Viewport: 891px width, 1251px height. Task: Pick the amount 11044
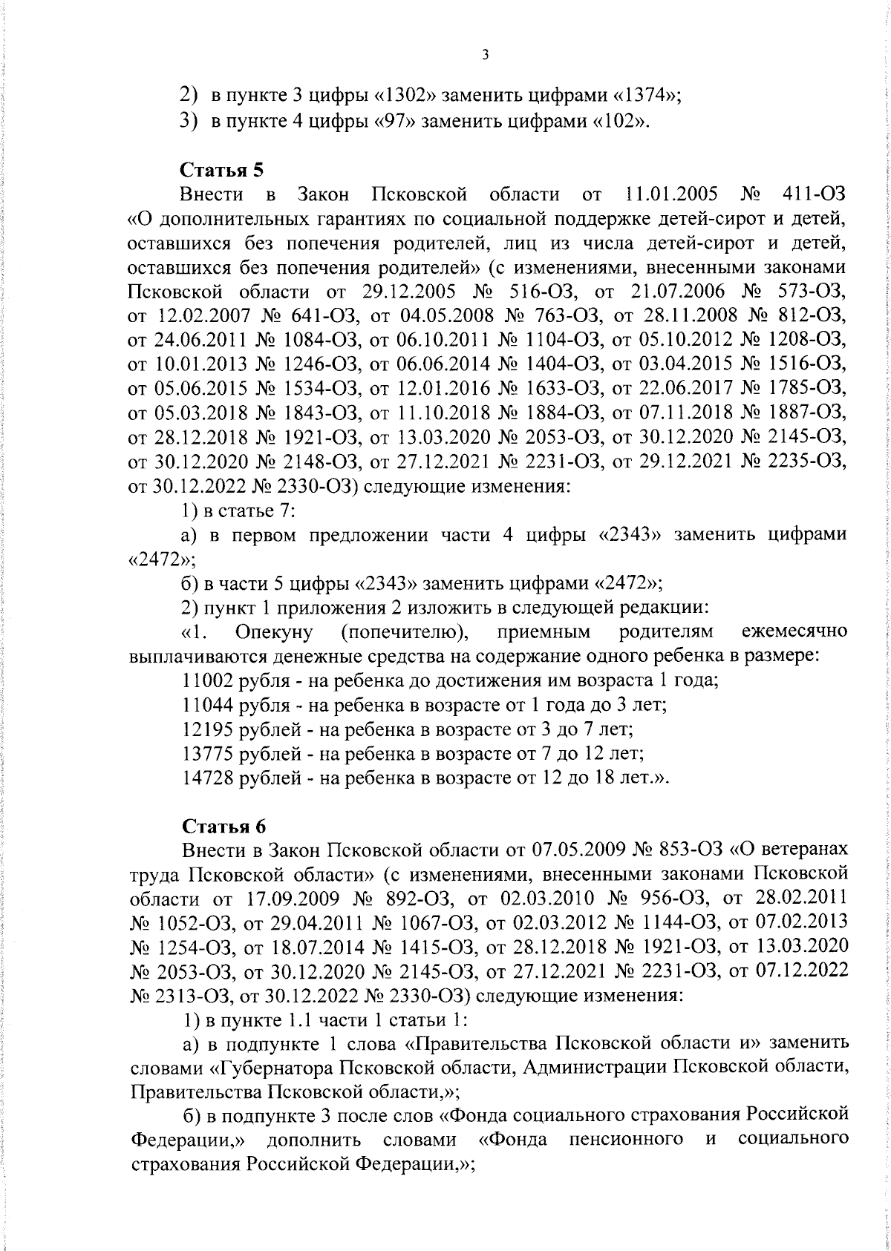209,704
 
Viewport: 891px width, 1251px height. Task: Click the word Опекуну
273,632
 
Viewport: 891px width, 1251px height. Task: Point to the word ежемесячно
794,632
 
